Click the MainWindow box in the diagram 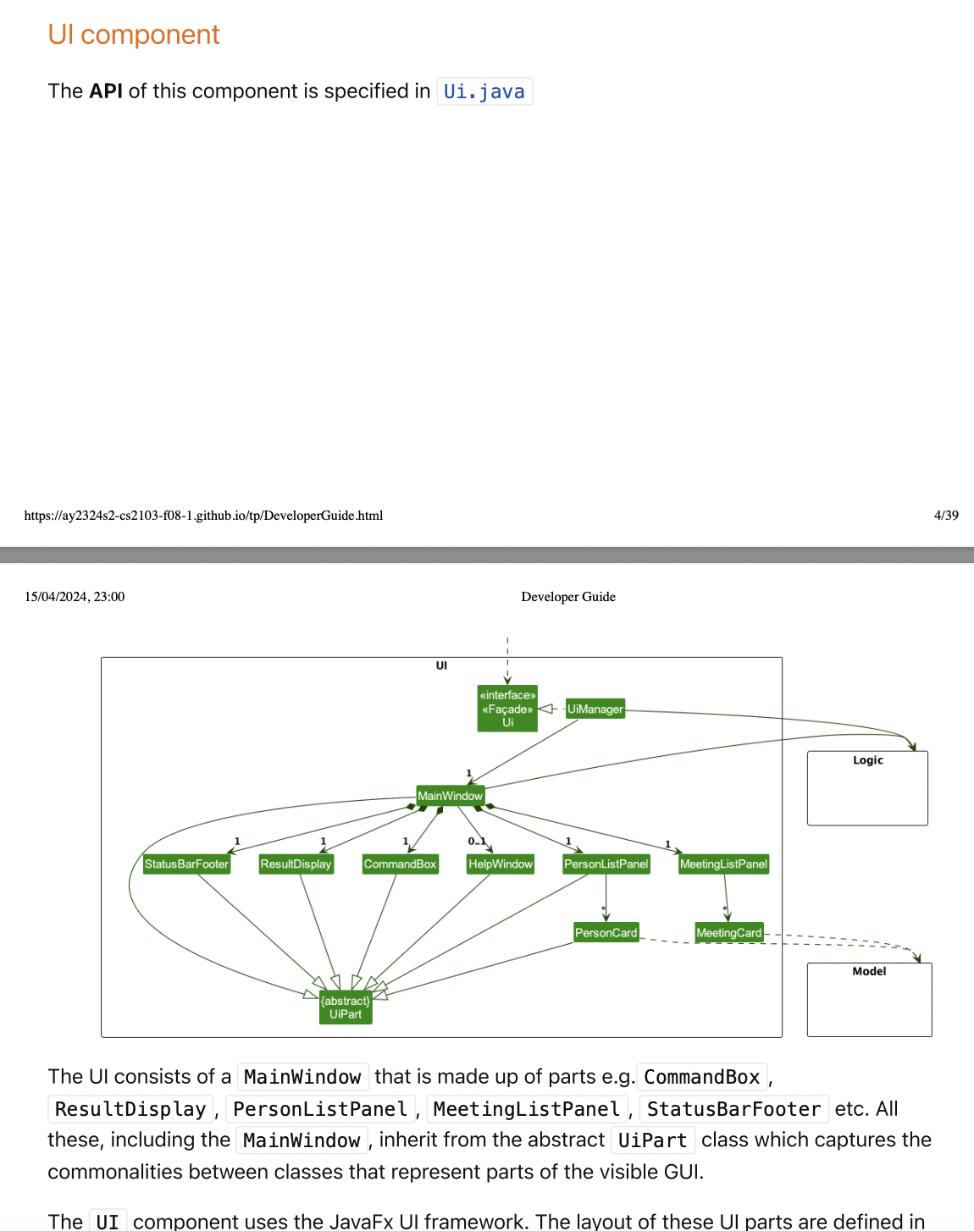coord(450,796)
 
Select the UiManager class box coord(595,709)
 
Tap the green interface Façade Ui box coord(507,709)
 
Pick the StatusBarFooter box coord(186,864)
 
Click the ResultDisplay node coord(296,864)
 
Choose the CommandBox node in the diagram coord(400,864)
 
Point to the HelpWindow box coord(501,864)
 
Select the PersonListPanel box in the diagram coord(606,864)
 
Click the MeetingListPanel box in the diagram coord(723,864)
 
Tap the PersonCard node coord(606,933)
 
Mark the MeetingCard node coord(728,933)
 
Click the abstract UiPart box coord(346,1007)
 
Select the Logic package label coord(867,760)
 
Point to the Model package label coord(869,971)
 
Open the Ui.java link coord(484,91)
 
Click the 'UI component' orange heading coord(134,35)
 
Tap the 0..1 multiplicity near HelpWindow coord(477,842)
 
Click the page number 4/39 coord(946,516)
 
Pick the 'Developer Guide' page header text coord(568,597)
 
